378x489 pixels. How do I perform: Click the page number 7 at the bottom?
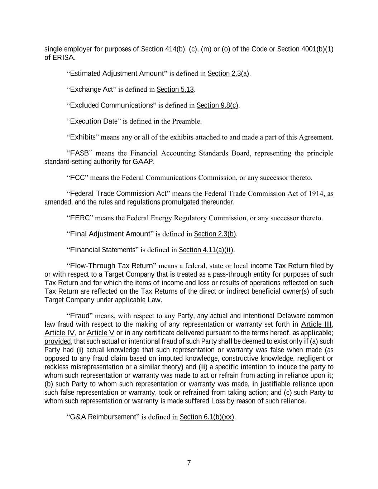click(x=189, y=463)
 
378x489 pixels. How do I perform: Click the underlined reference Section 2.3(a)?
click(x=228, y=73)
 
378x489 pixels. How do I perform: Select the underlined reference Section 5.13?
click(x=175, y=89)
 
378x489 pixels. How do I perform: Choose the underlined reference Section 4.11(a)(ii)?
click(x=206, y=250)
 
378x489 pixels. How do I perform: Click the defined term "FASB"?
click(x=79, y=153)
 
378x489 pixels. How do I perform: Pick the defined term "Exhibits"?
click(x=83, y=137)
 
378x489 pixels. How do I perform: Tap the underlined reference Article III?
click(x=316, y=325)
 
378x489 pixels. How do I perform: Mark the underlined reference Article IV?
click(x=59, y=333)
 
